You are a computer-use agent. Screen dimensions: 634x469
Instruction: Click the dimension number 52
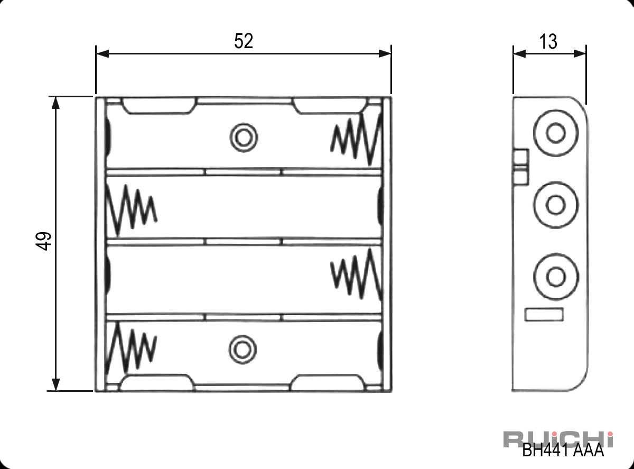pos(244,41)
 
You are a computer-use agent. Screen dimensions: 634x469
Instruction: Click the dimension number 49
pos(43,241)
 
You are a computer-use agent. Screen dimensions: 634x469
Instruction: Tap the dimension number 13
pos(548,42)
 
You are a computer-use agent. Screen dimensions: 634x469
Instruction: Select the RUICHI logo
pos(558,439)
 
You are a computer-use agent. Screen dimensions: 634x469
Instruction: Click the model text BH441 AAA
pos(563,450)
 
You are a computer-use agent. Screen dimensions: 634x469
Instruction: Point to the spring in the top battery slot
pos(357,140)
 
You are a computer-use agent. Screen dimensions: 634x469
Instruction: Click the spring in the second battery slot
pos(132,211)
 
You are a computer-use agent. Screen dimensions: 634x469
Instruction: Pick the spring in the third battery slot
pos(357,274)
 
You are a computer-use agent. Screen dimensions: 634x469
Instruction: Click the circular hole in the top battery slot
pos(244,137)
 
